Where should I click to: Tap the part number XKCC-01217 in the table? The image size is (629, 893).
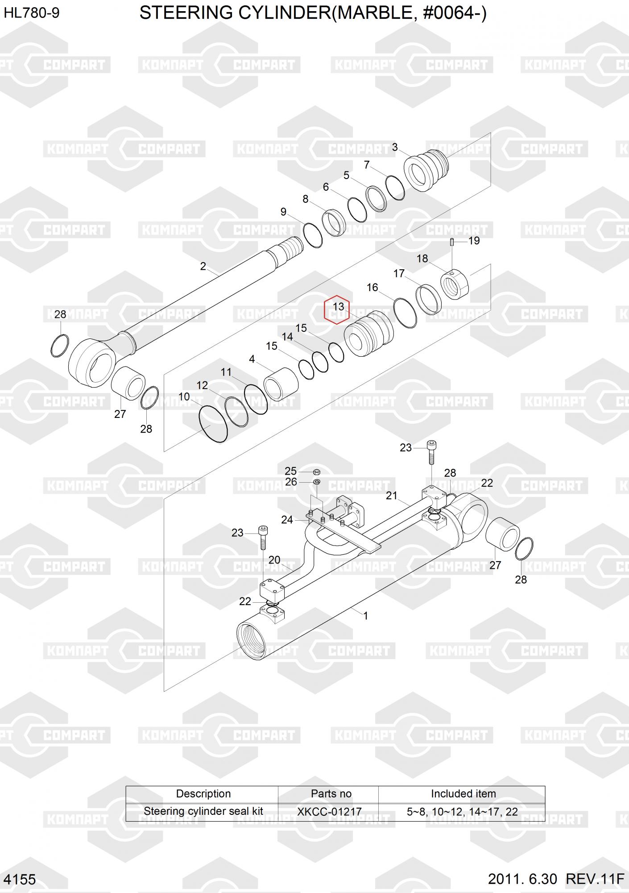pos(329,812)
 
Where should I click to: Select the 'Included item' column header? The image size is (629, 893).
pos(463,793)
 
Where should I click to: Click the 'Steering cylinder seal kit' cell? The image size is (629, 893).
pos(203,811)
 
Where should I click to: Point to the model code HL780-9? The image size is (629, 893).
pos(32,13)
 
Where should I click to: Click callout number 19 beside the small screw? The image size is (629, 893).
pos(474,241)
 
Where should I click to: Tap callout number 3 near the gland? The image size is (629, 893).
pos(394,147)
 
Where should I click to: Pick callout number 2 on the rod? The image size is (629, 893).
pos(203,266)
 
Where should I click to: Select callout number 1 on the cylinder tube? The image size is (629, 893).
pos(366,616)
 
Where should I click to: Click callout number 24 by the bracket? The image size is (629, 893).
pos(287,520)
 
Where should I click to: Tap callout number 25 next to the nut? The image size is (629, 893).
pos(290,471)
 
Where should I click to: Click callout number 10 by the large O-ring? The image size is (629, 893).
pos(184,396)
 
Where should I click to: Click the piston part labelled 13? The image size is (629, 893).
pos(369,334)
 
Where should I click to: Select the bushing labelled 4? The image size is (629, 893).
pos(281,384)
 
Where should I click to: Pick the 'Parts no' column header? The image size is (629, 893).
pos(331,793)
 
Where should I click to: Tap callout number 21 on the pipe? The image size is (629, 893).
pos(392,495)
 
